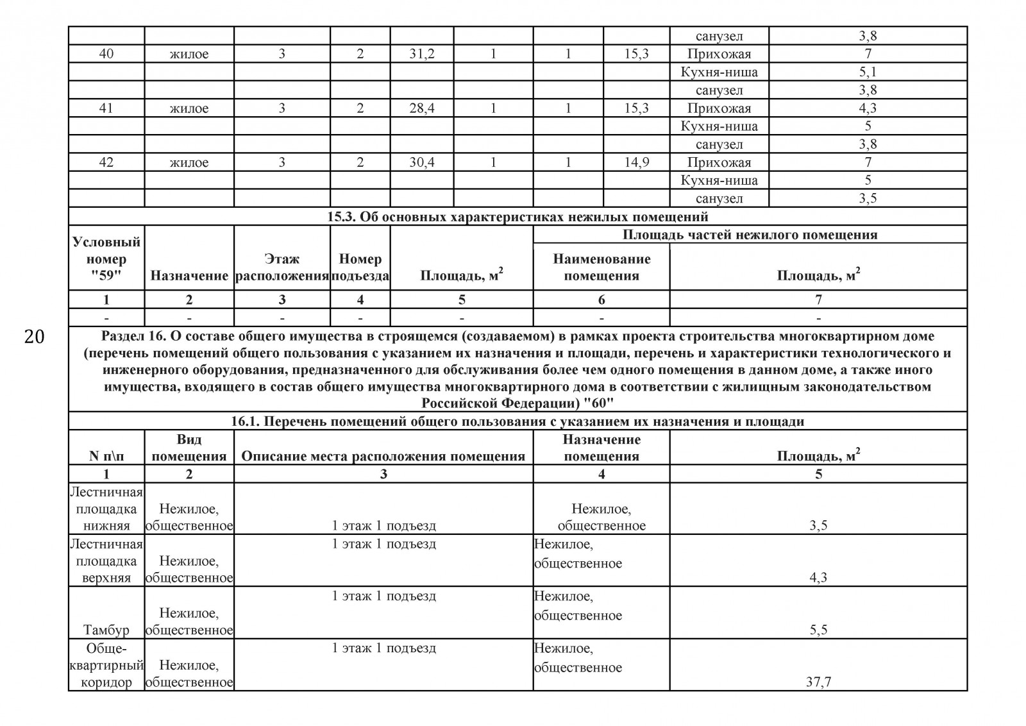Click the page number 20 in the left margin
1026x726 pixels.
pos(34,337)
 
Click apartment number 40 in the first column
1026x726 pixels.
pos(106,54)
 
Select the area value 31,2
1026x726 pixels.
pos(422,54)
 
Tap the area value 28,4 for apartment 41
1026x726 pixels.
pos(422,108)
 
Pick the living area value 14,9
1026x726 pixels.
pos(636,162)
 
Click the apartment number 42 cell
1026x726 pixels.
pos(106,162)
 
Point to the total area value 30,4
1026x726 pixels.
pos(422,162)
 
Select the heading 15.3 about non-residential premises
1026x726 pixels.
pos(517,217)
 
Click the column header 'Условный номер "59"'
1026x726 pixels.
pos(106,259)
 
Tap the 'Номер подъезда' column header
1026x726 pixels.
pos(360,267)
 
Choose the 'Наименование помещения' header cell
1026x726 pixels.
pos(601,267)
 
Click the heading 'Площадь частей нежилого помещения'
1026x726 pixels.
pos(750,235)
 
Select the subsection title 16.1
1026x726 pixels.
pos(517,421)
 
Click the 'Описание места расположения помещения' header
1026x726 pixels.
pos(383,456)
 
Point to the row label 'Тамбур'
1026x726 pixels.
pos(106,630)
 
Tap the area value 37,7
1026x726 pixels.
pos(818,682)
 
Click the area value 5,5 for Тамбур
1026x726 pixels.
pos(818,630)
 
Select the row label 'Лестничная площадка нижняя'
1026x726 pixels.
pos(106,509)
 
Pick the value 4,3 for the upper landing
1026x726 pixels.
pos(818,577)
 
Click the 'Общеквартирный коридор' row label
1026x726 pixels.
pos(106,665)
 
